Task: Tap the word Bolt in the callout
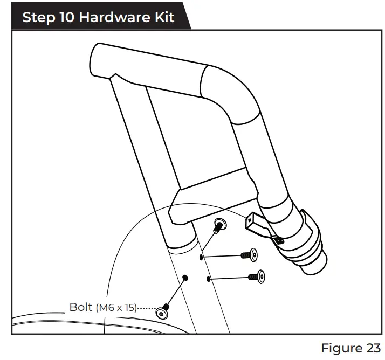(81, 308)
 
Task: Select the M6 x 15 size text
(116, 308)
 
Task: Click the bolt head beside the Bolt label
(162, 312)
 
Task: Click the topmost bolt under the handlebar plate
(220, 224)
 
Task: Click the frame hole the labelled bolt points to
(185, 278)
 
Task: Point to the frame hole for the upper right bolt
(202, 258)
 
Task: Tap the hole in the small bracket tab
(279, 241)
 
